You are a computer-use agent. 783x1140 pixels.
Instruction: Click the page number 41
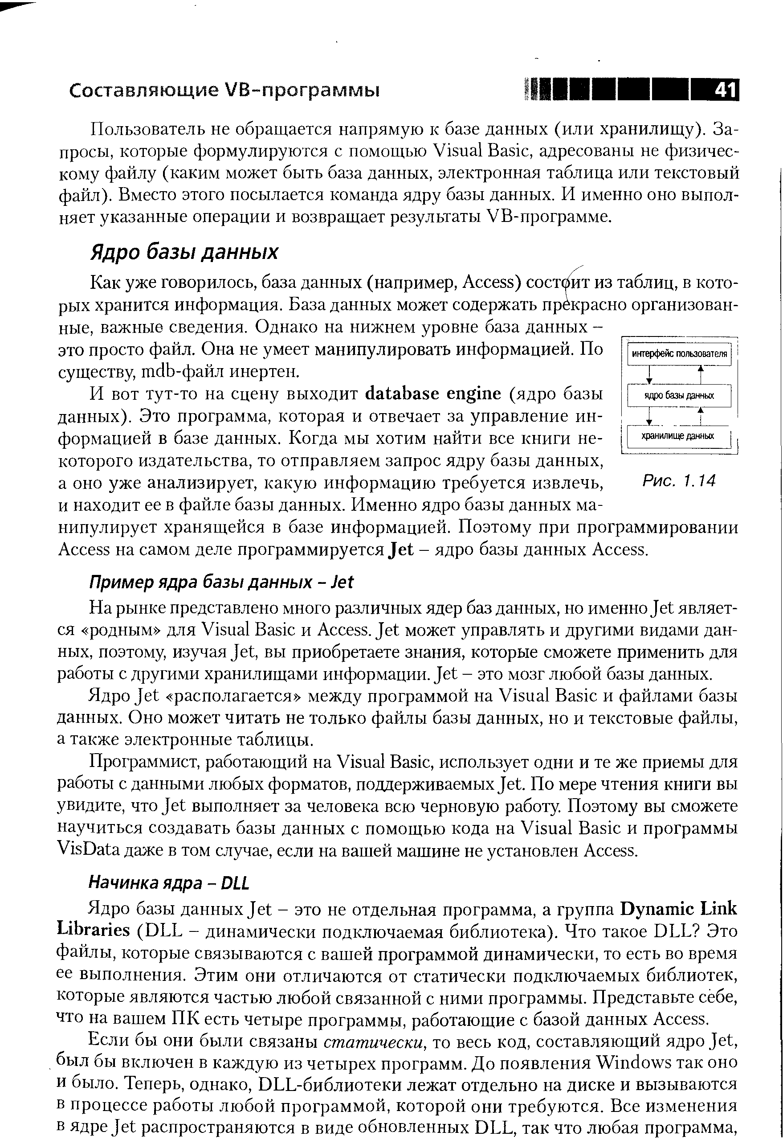click(725, 90)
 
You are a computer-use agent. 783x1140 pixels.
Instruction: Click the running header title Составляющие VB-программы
click(224, 91)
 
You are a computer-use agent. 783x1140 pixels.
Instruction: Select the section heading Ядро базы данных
click(184, 253)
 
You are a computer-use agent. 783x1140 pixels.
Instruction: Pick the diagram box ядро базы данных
click(679, 396)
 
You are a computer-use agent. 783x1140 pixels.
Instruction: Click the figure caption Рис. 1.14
click(679, 481)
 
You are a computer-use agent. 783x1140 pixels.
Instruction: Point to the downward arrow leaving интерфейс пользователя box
click(649, 375)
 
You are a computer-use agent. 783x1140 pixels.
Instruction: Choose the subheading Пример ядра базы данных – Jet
click(220, 582)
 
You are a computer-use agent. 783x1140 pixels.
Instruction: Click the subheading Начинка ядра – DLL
click(169, 883)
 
